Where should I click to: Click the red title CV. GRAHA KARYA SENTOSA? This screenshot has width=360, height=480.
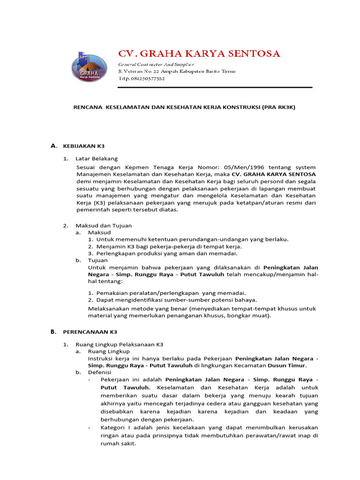point(199,54)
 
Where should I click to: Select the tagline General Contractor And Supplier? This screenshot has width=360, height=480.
point(156,64)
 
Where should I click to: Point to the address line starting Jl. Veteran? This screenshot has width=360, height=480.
point(177,71)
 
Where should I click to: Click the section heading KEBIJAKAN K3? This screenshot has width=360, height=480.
point(83,146)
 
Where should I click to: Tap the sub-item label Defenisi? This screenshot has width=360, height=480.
point(99,372)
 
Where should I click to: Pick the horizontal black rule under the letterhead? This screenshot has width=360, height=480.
point(214,88)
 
